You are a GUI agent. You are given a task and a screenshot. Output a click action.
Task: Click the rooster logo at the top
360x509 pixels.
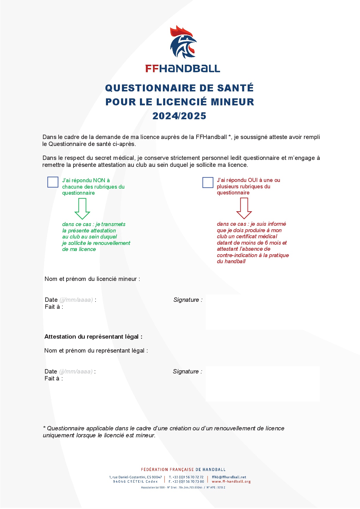point(183,42)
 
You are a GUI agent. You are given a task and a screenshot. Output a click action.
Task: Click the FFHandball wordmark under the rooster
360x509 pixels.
point(183,68)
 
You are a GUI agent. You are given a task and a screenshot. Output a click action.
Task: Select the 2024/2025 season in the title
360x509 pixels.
point(179,116)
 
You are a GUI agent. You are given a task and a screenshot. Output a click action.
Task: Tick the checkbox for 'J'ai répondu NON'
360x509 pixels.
point(53,182)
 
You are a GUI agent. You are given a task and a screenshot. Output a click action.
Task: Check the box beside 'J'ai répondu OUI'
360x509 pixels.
point(208,183)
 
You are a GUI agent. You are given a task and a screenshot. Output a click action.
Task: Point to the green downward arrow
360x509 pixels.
point(82,209)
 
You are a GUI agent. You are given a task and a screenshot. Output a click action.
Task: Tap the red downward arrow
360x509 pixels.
point(244,208)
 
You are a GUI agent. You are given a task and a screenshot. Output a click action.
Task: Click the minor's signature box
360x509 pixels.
point(262,312)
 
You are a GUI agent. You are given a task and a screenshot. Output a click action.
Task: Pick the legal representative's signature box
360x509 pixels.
point(262,384)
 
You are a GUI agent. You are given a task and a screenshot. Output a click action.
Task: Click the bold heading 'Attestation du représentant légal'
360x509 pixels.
point(93,337)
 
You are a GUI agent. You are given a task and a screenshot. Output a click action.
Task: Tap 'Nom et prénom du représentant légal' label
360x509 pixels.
point(96,351)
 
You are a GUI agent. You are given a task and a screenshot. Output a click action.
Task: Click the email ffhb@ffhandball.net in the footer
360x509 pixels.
point(229,477)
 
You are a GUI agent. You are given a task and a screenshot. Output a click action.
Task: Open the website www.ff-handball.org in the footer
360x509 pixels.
point(231,481)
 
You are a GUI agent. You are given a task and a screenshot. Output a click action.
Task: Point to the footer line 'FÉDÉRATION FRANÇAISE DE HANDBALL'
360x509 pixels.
point(183,470)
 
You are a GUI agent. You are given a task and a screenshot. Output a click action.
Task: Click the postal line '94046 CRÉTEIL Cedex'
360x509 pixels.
point(135,481)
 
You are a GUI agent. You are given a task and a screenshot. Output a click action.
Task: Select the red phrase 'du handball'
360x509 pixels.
point(231,261)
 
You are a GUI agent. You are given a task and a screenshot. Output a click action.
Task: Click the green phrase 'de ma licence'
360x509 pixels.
point(79,249)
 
